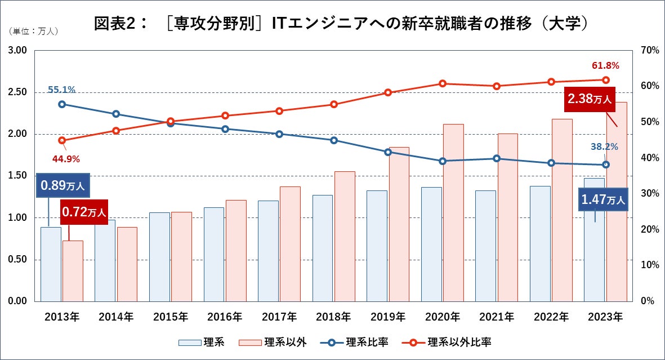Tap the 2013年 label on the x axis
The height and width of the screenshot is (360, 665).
coord(62,317)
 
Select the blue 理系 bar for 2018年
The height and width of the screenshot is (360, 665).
coord(323,248)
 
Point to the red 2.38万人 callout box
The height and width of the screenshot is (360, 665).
coord(588,99)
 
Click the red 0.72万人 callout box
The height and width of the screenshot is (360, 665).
coord(83,212)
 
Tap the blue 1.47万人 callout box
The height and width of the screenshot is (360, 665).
coord(603,199)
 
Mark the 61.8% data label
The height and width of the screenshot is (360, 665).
coord(605,66)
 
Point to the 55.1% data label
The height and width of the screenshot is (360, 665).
coord(61,90)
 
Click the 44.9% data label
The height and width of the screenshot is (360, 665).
coord(66,158)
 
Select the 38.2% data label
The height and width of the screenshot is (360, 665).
coord(604,147)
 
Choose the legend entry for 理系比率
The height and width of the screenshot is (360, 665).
coord(355,342)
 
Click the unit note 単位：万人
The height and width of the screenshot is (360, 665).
coord(33,31)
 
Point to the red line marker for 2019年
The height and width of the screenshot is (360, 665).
coord(388,92)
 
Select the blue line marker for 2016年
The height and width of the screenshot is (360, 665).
coord(225,129)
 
